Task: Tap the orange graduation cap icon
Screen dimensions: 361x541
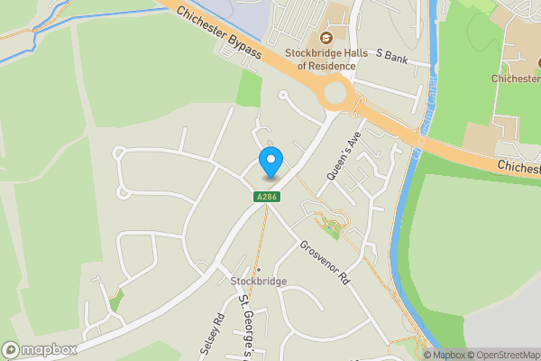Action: (x=324, y=38)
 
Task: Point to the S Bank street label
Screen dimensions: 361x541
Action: (x=391, y=55)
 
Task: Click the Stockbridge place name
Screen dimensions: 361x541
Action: (x=258, y=282)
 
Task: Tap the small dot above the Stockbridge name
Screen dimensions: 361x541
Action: (x=258, y=270)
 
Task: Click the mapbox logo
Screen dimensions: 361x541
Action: (x=39, y=349)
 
